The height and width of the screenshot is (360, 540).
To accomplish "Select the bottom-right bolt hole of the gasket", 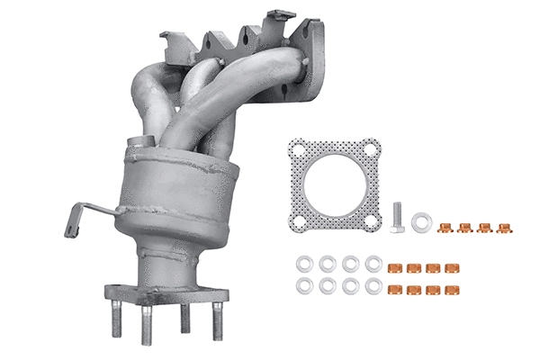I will coord(372,221).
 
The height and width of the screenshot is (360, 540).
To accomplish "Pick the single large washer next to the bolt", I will coord(420,220).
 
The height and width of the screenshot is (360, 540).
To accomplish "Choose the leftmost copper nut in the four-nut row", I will coord(444,228).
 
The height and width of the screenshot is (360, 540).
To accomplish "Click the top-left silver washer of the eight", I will coord(303,265).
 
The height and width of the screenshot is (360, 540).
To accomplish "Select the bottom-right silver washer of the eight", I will coord(373,287).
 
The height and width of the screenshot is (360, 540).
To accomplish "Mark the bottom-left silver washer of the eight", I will coord(303,287).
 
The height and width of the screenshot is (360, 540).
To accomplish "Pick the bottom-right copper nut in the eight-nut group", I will coord(450,289).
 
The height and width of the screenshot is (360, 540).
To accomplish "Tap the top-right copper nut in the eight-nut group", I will coord(450,268).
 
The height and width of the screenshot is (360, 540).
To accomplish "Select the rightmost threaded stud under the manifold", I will coord(216,321).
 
